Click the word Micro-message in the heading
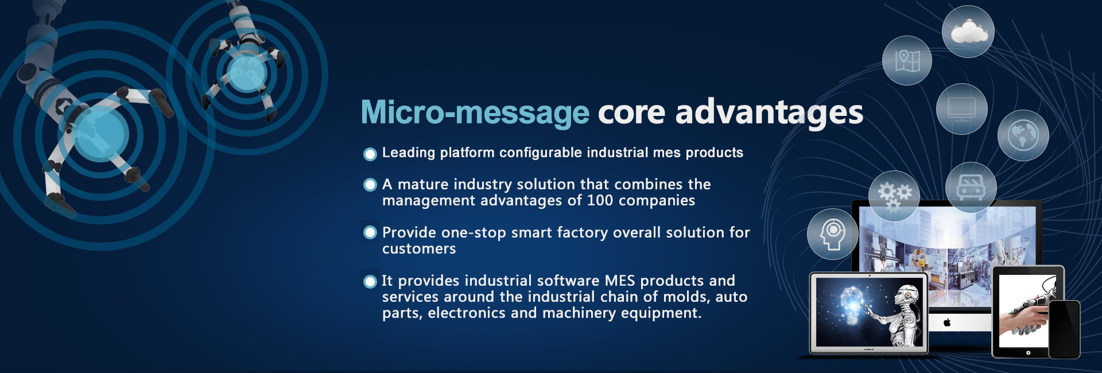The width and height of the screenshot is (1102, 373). [474, 112]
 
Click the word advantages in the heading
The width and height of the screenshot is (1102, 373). [769, 112]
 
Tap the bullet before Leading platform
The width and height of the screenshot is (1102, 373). [370, 154]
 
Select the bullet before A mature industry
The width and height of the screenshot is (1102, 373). [370, 185]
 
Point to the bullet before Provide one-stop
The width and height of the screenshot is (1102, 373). [370, 232]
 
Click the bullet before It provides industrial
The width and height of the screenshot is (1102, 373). [370, 281]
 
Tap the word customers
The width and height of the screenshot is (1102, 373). [419, 249]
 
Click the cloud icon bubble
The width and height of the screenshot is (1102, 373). [968, 32]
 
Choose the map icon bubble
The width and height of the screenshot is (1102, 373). [907, 60]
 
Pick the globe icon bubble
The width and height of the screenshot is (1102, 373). [1023, 135]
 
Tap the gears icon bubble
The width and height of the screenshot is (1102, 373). [894, 195]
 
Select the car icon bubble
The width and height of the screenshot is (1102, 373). [971, 188]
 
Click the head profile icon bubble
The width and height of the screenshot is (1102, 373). [832, 234]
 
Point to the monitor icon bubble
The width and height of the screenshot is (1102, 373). [961, 109]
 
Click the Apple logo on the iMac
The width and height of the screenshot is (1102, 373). [947, 323]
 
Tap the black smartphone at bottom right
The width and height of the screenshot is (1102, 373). [1065, 330]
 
